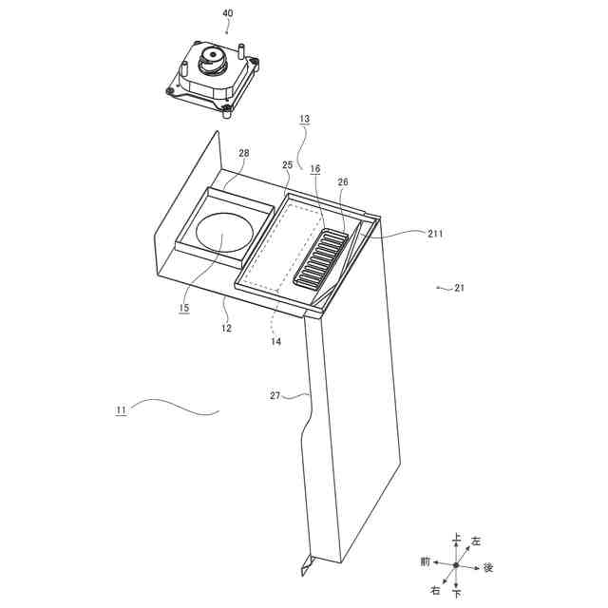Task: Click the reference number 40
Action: [227, 14]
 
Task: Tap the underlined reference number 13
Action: [304, 120]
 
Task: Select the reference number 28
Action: [244, 153]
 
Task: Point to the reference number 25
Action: [288, 165]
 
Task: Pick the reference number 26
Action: [343, 182]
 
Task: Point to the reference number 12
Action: [227, 328]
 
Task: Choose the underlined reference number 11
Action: [121, 410]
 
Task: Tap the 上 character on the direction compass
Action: [457, 539]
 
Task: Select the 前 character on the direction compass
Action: [426, 561]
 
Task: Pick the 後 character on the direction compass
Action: [488, 567]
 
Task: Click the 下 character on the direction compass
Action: [457, 593]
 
